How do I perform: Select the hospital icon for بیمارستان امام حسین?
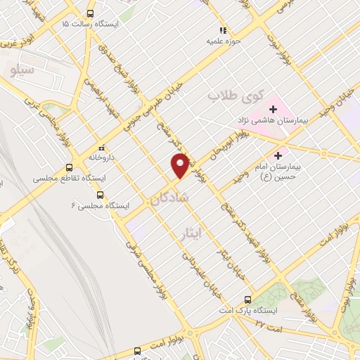point(279,155)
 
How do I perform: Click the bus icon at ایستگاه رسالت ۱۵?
point(90,13)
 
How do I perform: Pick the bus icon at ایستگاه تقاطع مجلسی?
point(69,168)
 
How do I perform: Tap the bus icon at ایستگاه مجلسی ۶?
point(100,195)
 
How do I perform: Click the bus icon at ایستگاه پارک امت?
point(247,299)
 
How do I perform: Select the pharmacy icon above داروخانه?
point(102,148)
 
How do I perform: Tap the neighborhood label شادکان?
point(175,198)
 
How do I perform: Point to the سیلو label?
point(19,69)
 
